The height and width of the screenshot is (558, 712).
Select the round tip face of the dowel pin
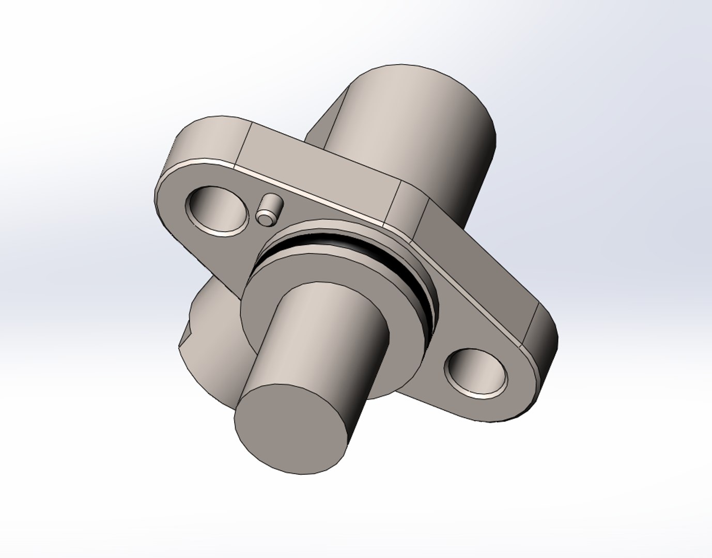point(266,219)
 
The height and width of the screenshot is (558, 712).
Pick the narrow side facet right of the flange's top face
point(411,204)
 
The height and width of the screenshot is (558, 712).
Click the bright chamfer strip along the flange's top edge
point(310,190)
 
